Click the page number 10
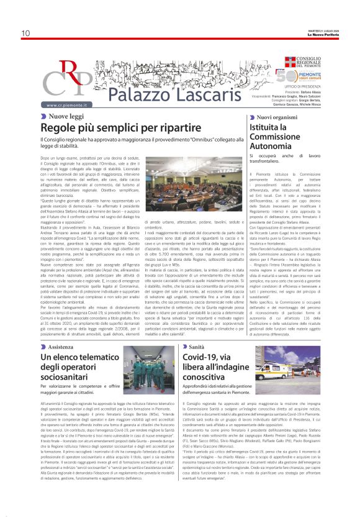point(25,33)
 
